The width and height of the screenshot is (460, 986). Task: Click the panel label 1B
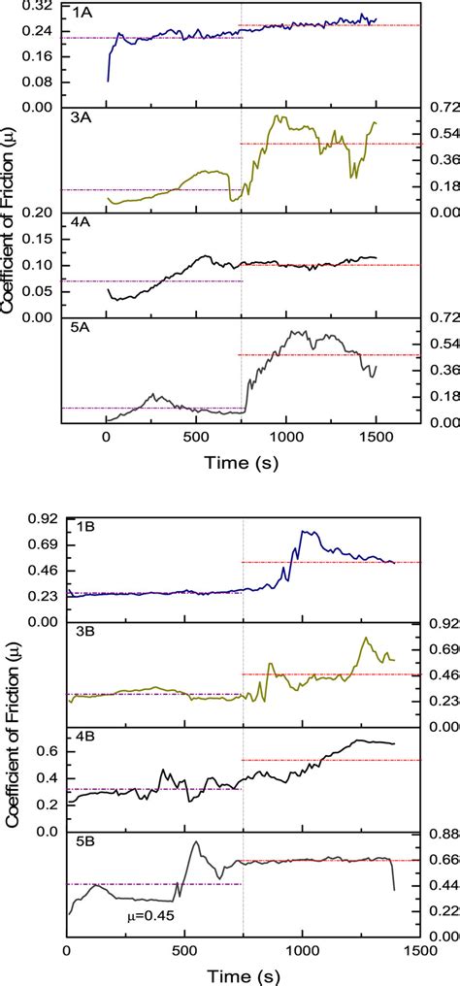coord(84,527)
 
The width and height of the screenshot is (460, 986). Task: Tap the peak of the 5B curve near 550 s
coord(196,841)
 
